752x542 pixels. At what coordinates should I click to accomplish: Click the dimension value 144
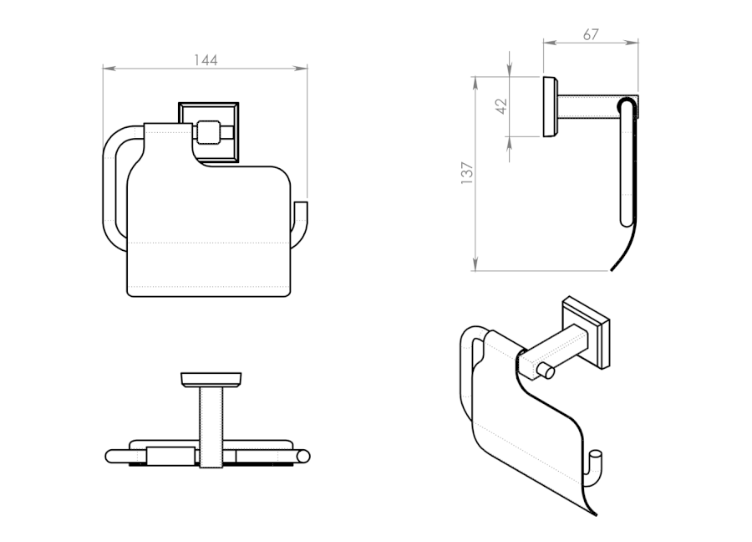pos(206,60)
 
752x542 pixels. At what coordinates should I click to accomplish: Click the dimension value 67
pos(592,34)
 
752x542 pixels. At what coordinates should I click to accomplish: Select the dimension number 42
pos(501,105)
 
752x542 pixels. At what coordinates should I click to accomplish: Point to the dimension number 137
pos(467,173)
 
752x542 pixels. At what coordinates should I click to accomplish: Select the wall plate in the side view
pos(551,107)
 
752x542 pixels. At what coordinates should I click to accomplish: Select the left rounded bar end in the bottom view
pos(111,457)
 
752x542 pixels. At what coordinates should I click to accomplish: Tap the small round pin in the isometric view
pos(546,371)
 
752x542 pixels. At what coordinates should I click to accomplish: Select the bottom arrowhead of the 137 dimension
pos(475,267)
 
